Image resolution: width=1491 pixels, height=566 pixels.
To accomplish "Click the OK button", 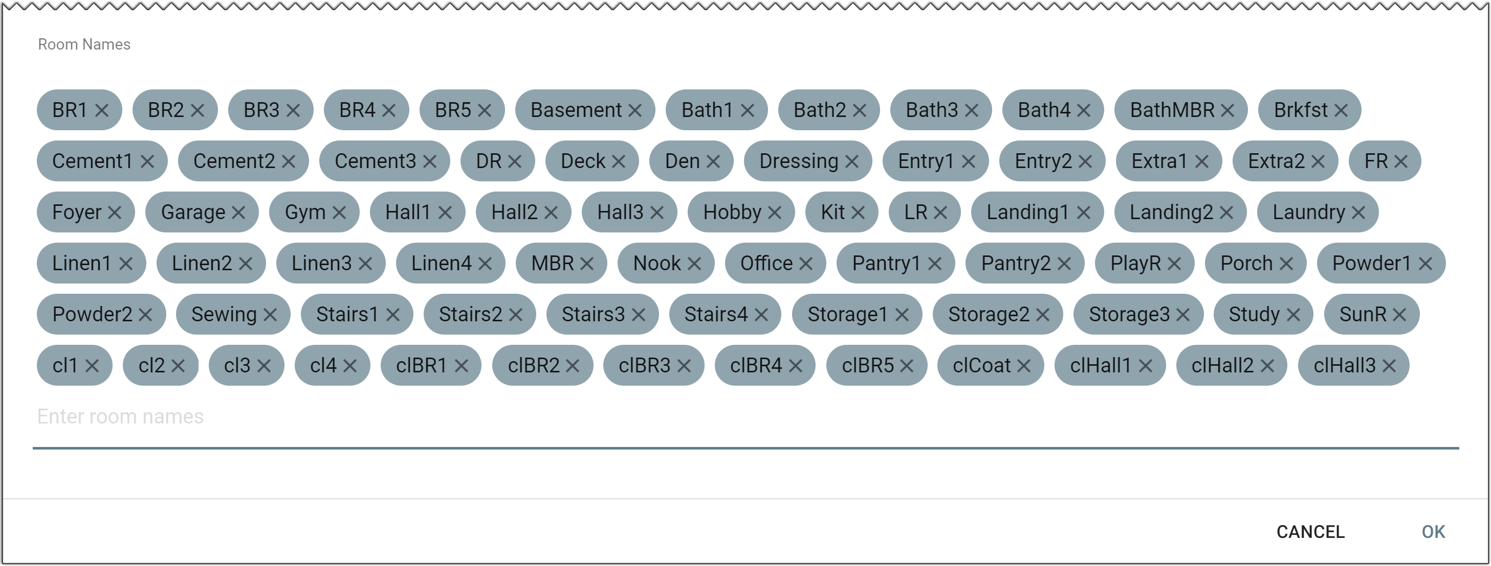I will (x=1433, y=531).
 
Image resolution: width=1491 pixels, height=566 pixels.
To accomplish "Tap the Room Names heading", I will (x=84, y=44).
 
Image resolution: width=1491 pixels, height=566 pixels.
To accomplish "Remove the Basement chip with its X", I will (x=635, y=110).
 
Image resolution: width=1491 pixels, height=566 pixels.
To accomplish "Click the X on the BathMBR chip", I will (x=1227, y=110).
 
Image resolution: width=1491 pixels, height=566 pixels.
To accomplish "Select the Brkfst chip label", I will (x=1301, y=110).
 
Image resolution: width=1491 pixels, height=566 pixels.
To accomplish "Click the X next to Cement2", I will (x=288, y=161).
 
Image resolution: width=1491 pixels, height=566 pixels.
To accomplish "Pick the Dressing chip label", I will (x=798, y=161).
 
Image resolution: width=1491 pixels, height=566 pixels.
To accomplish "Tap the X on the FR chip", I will (x=1401, y=161).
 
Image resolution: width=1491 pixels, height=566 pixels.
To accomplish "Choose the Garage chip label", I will (x=193, y=212).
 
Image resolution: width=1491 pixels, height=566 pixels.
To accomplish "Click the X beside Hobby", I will (x=775, y=212).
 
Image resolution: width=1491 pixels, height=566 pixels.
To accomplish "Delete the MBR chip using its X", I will (x=587, y=264).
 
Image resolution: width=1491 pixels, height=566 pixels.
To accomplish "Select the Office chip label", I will (x=766, y=264).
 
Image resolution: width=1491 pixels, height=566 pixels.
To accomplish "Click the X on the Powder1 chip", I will (x=1425, y=264).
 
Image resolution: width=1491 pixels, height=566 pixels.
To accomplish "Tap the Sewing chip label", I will (x=224, y=315).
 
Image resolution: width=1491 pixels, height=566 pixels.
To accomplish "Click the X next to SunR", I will (x=1399, y=315).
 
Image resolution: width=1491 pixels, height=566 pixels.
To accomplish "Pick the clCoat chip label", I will (x=982, y=365).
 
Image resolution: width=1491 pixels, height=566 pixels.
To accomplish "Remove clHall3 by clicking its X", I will (x=1389, y=365).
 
